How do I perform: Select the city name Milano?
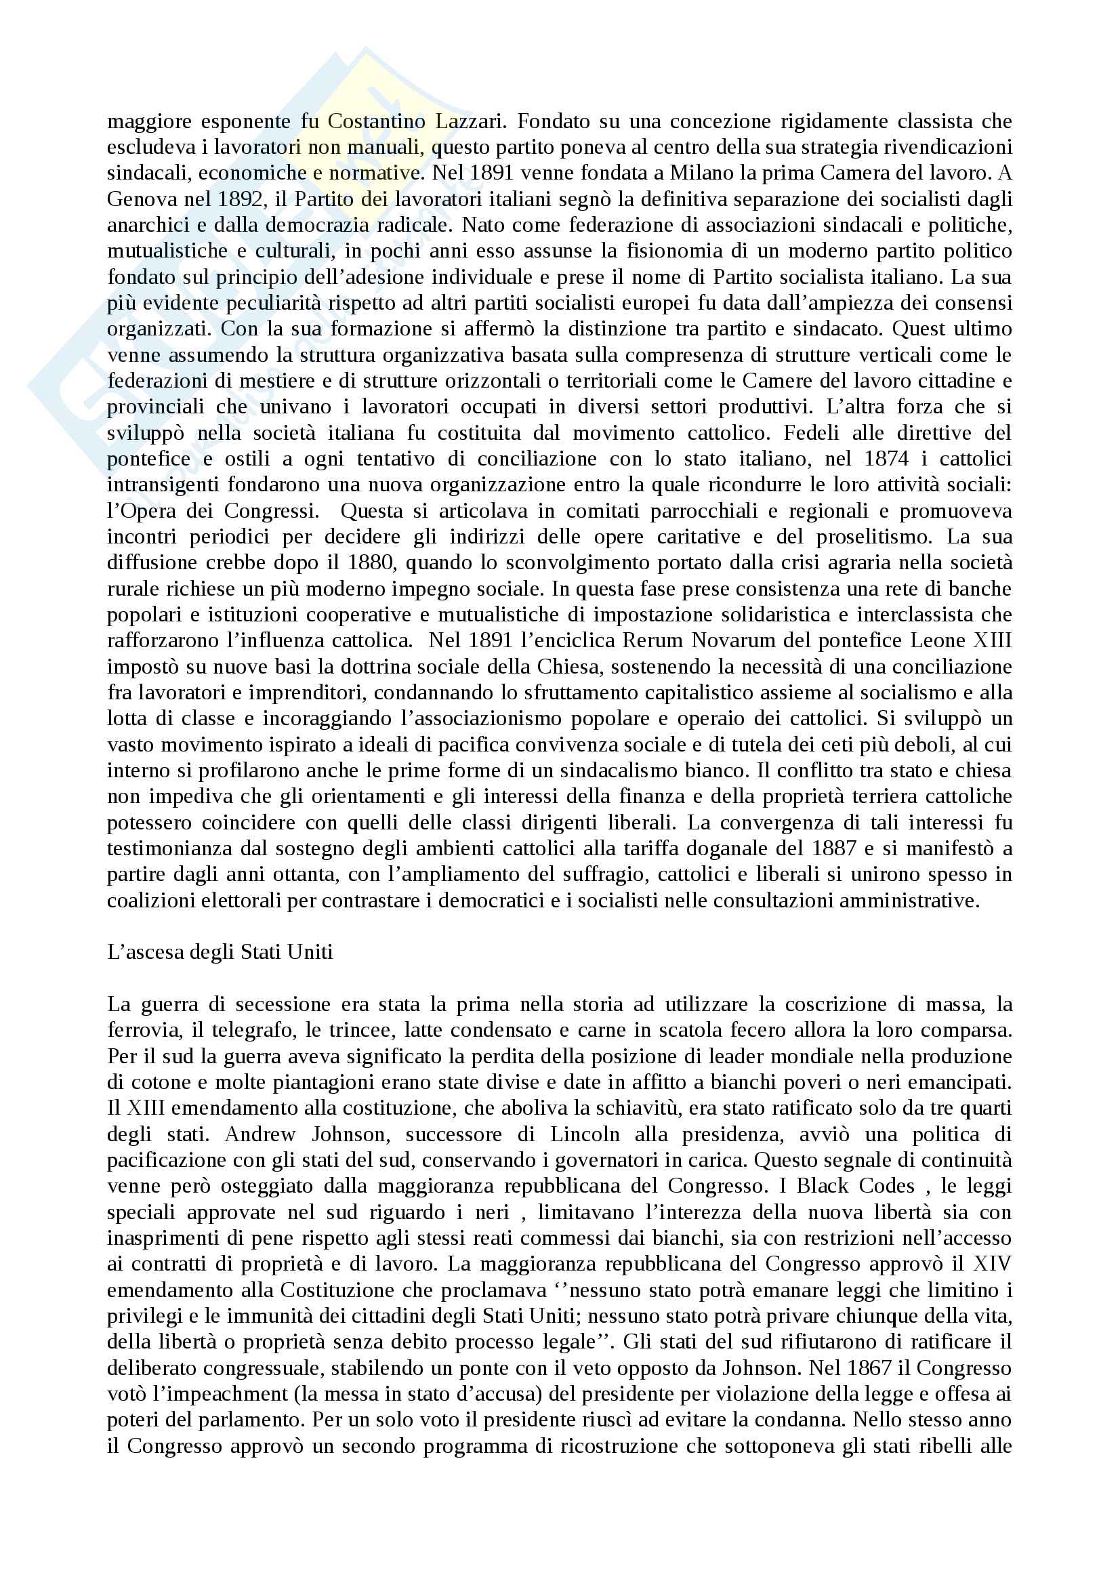[x=701, y=173]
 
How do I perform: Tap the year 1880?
[x=369, y=562]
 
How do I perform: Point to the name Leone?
[x=938, y=640]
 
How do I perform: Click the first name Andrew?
[x=260, y=1134]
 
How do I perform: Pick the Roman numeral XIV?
[x=992, y=1264]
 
